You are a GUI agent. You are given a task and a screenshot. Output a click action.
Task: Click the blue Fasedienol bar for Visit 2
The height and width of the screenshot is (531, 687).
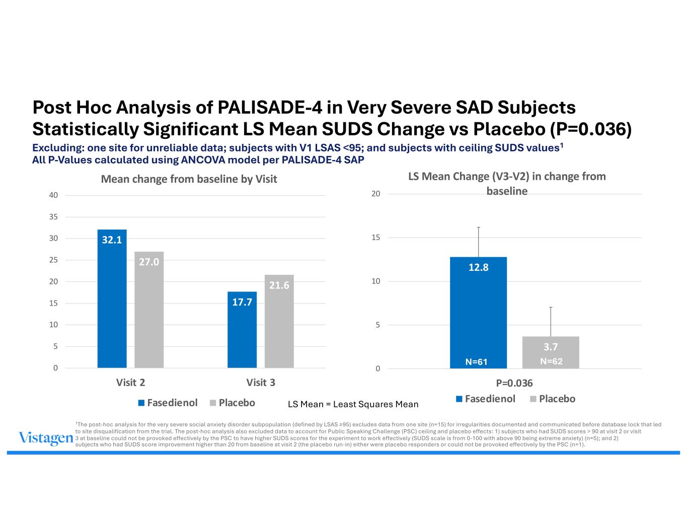click(x=112, y=298)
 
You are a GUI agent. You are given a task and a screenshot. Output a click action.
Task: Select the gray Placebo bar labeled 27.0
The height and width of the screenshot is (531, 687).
click(x=149, y=310)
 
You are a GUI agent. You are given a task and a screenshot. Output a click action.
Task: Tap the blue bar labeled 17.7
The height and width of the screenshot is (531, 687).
click(x=242, y=330)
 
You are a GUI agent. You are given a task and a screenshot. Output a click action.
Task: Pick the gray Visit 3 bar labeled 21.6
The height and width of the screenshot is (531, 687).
click(x=279, y=321)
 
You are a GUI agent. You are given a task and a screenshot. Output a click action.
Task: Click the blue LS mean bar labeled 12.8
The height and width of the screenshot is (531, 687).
click(x=478, y=313)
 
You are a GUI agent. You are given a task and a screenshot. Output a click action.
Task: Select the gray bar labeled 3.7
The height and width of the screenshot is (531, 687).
click(x=551, y=352)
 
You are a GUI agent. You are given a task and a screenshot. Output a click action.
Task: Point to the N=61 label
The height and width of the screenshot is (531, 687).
click(x=476, y=361)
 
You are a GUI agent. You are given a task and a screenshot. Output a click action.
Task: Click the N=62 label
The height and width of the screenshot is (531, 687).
click(x=552, y=361)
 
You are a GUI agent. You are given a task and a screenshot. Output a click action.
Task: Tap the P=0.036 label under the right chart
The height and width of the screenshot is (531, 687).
click(x=514, y=383)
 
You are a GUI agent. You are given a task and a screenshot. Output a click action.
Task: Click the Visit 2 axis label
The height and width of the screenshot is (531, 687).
click(x=130, y=383)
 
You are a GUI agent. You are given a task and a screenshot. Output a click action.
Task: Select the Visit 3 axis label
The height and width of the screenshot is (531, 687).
click(x=261, y=383)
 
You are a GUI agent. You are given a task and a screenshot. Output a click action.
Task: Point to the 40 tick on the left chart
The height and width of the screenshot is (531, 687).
click(x=53, y=195)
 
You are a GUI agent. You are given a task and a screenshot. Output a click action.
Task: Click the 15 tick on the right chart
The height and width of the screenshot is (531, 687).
click(x=375, y=238)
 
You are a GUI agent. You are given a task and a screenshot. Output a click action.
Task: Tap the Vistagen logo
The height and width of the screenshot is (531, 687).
click(x=46, y=438)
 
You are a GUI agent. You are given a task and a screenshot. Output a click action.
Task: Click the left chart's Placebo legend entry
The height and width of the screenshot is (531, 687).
click(x=233, y=403)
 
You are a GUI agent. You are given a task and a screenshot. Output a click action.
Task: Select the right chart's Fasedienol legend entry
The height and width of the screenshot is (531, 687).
click(x=486, y=399)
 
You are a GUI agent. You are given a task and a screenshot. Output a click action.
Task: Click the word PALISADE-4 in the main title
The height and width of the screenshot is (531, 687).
click(x=270, y=107)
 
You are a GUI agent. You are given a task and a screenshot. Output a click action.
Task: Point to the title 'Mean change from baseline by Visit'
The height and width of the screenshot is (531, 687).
click(x=189, y=179)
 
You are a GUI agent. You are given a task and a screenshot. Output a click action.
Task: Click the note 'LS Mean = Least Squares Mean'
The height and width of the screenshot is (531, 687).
click(x=353, y=404)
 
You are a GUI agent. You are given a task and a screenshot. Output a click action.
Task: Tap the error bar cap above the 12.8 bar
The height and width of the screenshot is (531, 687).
click(x=478, y=227)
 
